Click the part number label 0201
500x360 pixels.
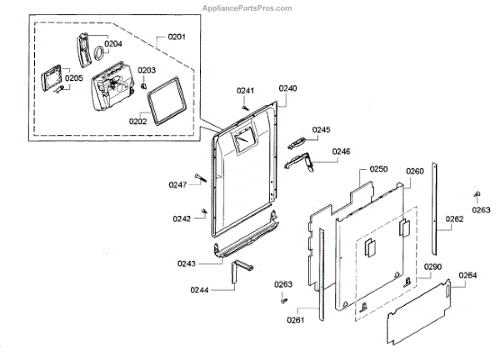[177, 37]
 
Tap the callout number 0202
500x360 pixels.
[137, 121]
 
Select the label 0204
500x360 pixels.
[113, 43]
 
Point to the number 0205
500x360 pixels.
[74, 78]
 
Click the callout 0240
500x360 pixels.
[288, 88]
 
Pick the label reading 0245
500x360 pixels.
[322, 130]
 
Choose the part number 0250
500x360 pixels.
[379, 169]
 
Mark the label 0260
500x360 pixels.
[415, 172]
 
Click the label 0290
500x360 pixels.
[432, 267]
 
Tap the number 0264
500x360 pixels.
[467, 276]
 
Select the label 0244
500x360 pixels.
[198, 289]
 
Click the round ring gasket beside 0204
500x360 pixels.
[97, 57]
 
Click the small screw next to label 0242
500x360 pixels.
[204, 210]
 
